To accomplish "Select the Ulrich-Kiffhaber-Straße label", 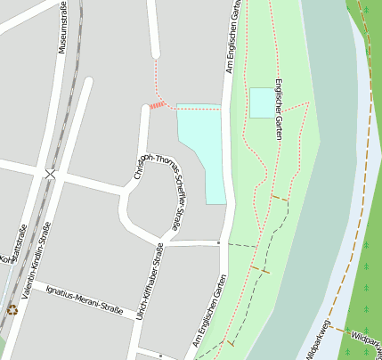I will point(151,281).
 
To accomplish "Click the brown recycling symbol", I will point(12,309).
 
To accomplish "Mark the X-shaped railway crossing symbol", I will point(51,175).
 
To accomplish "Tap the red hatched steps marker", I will point(158,105).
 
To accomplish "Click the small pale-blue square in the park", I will point(262,102).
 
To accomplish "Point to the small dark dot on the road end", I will point(218,241).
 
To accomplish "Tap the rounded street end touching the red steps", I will point(145,110).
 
